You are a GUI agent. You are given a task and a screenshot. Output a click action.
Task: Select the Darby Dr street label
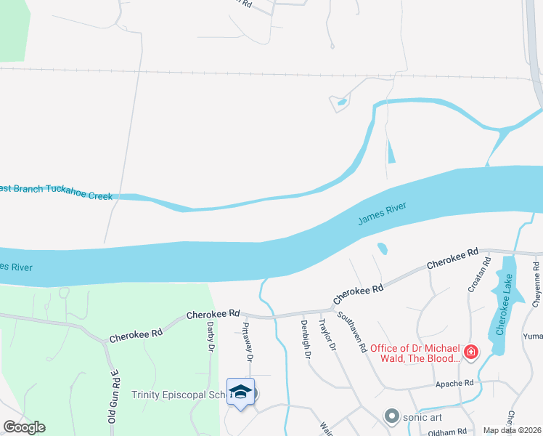pyautogui.click(x=211, y=337)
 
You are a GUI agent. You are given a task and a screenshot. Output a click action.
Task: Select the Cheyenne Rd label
pyautogui.click(x=536, y=285)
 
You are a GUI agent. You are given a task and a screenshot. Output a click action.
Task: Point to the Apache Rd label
pyautogui.click(x=455, y=383)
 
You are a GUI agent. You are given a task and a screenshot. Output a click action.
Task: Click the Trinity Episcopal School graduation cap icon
pyautogui.click(x=241, y=392)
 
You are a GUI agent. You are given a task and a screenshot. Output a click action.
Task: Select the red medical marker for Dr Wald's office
pyautogui.click(x=471, y=352)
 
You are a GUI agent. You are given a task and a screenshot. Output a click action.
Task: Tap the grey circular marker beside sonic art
pyautogui.click(x=392, y=416)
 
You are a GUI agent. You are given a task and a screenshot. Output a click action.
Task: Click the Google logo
pyautogui.click(x=24, y=427)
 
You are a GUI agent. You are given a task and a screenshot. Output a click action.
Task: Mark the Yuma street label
pyautogui.click(x=533, y=336)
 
